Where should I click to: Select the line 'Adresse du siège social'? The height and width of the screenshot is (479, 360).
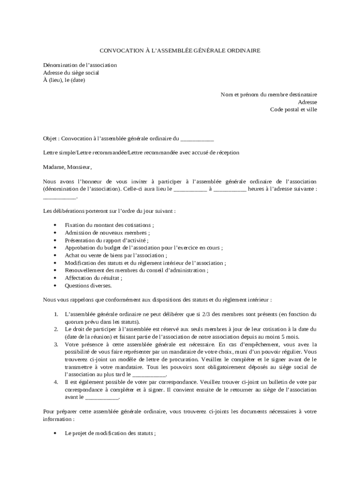(x=71, y=73)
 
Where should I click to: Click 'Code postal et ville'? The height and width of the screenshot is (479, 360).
(x=293, y=109)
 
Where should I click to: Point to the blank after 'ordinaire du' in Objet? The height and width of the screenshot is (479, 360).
(x=197, y=139)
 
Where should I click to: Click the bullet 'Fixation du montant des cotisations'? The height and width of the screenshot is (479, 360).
(x=109, y=225)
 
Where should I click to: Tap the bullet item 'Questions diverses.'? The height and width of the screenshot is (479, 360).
(x=88, y=285)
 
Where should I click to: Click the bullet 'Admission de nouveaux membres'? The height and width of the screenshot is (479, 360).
(x=108, y=232)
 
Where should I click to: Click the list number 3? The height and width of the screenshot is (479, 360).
(x=56, y=344)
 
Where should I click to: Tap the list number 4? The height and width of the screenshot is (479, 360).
(x=56, y=382)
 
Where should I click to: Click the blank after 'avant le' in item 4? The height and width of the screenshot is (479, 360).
(x=102, y=398)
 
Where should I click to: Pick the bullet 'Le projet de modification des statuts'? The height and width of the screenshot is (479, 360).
(x=110, y=434)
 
